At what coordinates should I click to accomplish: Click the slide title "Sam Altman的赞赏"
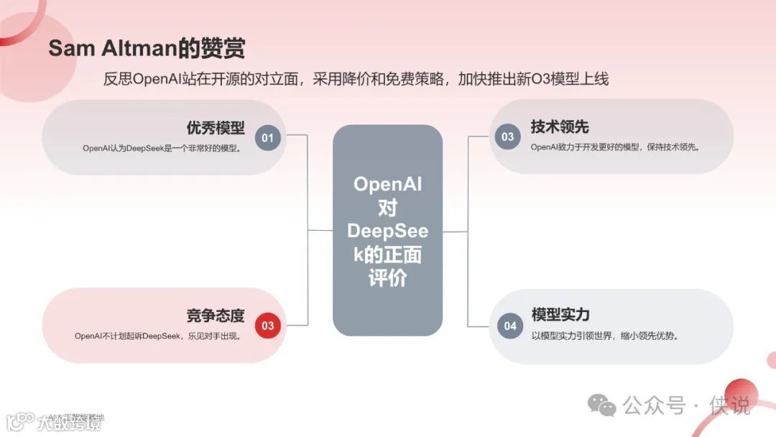pos(147,49)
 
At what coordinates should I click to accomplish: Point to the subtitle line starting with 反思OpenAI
pos(356,79)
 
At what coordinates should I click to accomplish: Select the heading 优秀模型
pos(216,128)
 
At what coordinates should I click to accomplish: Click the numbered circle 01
pos(268,137)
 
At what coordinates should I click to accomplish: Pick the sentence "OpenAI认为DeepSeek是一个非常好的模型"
pos(161,149)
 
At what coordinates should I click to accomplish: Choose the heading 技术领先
pos(560,127)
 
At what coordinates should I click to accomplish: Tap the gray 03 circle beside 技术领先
pos(508,137)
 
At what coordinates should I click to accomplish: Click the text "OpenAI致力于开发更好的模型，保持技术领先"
pos(615,147)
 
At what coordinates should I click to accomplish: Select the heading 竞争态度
pos(216,316)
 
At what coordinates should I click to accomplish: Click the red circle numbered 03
pos(268,326)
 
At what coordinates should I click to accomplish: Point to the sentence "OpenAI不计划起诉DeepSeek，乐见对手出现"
pos(157,336)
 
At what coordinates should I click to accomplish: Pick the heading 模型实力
pos(560,315)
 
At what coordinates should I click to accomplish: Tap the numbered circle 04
pos(509,326)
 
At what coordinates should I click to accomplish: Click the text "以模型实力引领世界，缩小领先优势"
pos(605,336)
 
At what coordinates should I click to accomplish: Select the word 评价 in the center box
pos(387,279)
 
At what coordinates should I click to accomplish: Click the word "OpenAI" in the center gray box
pos(387,184)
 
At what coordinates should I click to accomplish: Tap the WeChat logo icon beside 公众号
pos(602,405)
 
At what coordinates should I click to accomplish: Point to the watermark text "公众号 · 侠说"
pos(686,405)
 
